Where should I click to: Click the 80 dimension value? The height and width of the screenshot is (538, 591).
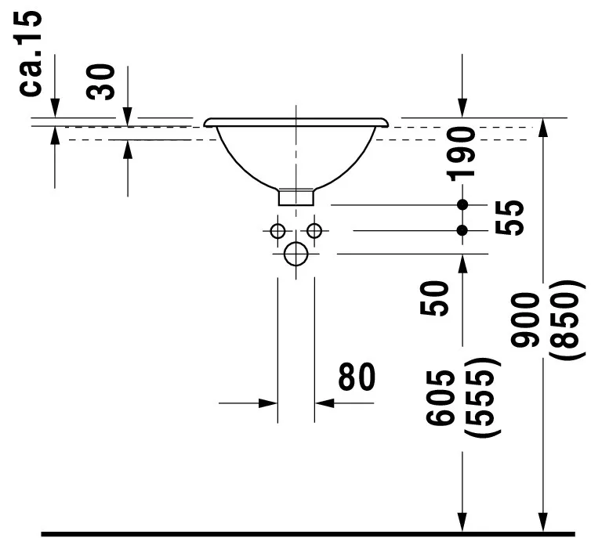(x=357, y=377)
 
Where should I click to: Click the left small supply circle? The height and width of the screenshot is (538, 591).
(x=277, y=230)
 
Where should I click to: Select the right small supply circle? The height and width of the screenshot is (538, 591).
(x=314, y=230)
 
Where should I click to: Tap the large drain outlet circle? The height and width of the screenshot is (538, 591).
(x=296, y=254)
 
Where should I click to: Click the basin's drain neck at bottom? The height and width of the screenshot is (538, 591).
(x=296, y=196)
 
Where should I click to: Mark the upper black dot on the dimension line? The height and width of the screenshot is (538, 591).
(x=462, y=204)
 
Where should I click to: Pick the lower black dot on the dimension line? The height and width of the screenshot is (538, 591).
(x=462, y=230)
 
